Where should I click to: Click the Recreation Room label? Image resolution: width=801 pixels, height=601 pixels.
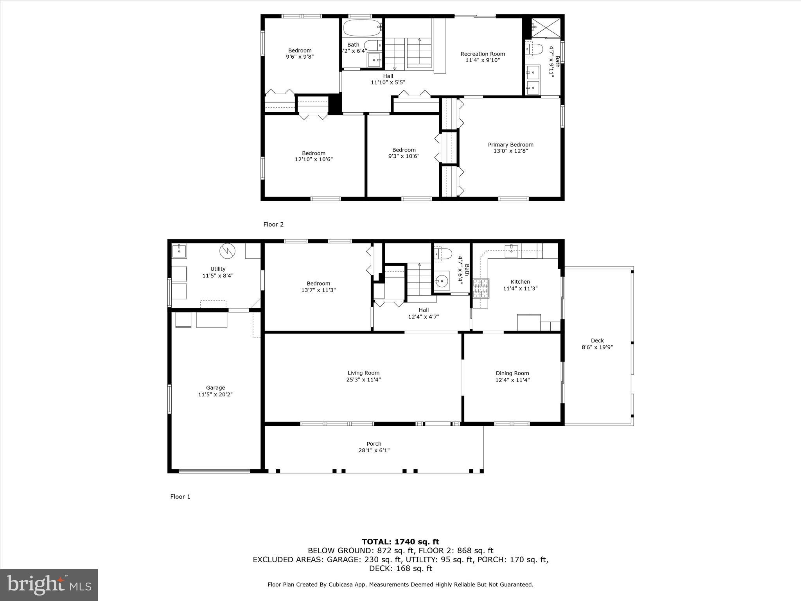(x=483, y=54)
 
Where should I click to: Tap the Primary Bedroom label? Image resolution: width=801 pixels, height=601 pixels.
(x=510, y=145)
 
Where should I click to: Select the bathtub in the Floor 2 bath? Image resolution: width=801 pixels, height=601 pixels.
(x=362, y=27)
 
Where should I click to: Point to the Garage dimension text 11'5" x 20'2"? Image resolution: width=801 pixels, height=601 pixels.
(x=216, y=394)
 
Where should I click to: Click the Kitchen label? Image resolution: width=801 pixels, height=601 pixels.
(x=520, y=282)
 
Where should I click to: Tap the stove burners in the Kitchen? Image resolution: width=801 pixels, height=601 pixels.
(x=481, y=288)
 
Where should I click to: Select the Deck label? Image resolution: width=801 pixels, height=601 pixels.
(x=597, y=341)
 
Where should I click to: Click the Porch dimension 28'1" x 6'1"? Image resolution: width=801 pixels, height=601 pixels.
(x=374, y=450)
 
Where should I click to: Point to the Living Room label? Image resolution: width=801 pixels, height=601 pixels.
(x=363, y=373)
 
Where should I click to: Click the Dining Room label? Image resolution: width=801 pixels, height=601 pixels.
(x=512, y=373)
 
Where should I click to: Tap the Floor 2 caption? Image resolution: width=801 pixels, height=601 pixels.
(x=273, y=224)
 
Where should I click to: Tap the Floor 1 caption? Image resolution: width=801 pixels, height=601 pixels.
(x=180, y=497)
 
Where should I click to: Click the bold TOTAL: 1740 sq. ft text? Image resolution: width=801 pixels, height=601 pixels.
(x=400, y=542)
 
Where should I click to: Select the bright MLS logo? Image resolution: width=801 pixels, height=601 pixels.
(x=49, y=585)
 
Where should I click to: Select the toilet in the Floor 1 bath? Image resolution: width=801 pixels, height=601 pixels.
(x=443, y=254)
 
